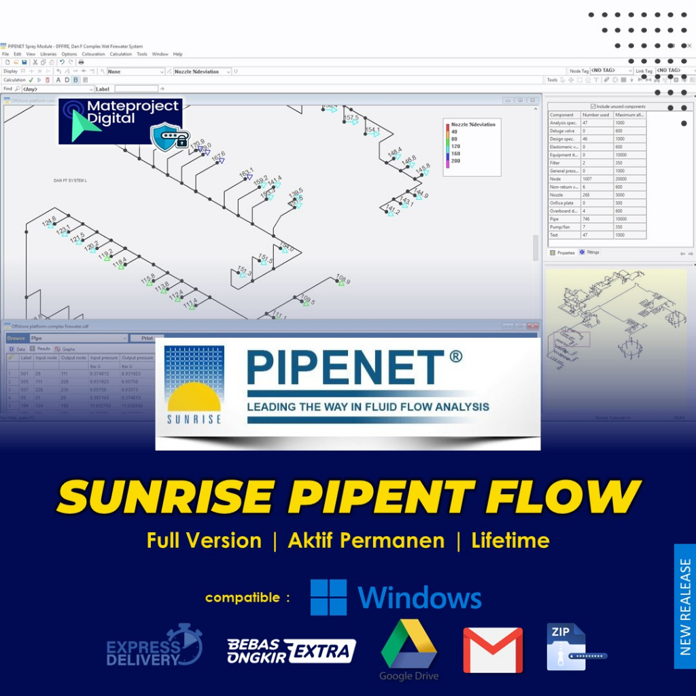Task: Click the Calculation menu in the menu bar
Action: pyautogui.click(x=121, y=54)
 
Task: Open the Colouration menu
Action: pyautogui.click(x=94, y=54)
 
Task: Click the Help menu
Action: pyautogui.click(x=177, y=54)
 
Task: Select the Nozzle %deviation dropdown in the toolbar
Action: pyautogui.click(x=202, y=71)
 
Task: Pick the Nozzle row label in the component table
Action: pyautogui.click(x=557, y=194)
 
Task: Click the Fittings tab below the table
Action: pyautogui.click(x=589, y=252)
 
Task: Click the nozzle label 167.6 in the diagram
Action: pyautogui.click(x=218, y=156)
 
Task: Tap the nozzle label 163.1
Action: pyautogui.click(x=246, y=172)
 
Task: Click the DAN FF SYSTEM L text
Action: pyautogui.click(x=71, y=181)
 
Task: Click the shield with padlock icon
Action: pyautogui.click(x=169, y=137)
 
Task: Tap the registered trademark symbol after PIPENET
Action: pyautogui.click(x=455, y=355)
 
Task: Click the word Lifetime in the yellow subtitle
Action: pyautogui.click(x=510, y=541)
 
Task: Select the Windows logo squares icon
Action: pyautogui.click(x=328, y=597)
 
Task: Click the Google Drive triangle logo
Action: pyautogui.click(x=408, y=644)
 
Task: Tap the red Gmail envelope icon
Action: pyautogui.click(x=493, y=650)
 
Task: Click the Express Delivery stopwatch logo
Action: pyautogui.click(x=184, y=644)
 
